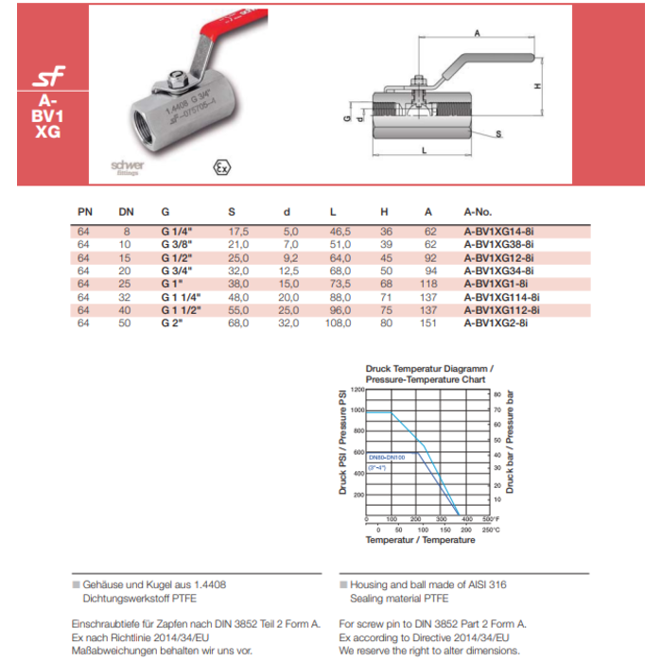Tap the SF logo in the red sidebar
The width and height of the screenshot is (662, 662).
coord(48,77)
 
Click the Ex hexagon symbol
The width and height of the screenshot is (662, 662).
coord(223,167)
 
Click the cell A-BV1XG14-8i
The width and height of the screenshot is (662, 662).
coord(499,231)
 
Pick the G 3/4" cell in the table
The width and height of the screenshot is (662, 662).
coord(177,270)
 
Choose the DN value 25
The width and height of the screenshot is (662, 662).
coord(126,284)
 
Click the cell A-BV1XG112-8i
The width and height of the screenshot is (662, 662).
coord(502,310)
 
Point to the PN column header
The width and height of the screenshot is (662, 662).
coord(83,212)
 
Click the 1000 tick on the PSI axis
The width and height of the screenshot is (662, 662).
coord(356,410)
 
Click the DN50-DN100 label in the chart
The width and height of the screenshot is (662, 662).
coord(386,457)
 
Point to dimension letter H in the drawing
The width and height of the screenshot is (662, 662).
coord(536,86)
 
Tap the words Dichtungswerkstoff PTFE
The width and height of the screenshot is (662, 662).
coord(128,599)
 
